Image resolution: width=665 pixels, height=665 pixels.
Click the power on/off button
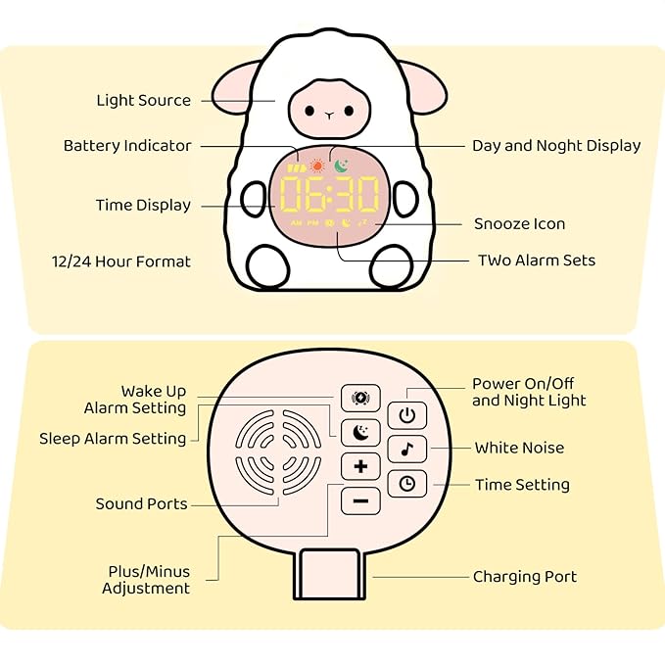point(406,415)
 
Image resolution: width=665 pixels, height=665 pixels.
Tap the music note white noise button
point(406,450)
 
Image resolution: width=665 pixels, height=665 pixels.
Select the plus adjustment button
point(360,466)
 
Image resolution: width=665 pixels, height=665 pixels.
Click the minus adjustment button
point(360,501)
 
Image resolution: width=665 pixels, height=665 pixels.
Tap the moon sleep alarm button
point(360,432)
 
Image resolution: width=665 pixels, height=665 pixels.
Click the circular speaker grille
point(279,451)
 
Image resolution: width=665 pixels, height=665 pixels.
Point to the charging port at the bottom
point(330,573)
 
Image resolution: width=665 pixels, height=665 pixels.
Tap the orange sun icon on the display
point(316,167)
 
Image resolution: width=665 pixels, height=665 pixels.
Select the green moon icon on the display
point(341,166)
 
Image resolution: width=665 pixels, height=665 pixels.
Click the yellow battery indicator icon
point(297,168)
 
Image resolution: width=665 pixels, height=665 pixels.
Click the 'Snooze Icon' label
point(519,224)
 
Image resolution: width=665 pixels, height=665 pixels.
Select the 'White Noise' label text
point(519,449)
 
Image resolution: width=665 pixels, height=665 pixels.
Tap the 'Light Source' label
point(143,101)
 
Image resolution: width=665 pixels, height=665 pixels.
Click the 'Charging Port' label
point(525,577)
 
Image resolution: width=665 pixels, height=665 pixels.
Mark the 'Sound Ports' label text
point(141,504)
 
